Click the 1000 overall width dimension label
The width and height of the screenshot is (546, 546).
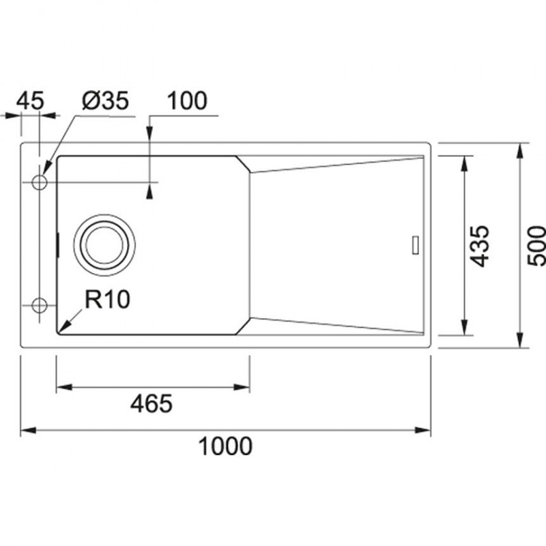click(x=225, y=446)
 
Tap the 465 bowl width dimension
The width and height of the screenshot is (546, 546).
click(x=152, y=403)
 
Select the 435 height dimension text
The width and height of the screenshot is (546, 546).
click(x=480, y=246)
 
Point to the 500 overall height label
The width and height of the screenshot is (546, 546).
click(x=536, y=246)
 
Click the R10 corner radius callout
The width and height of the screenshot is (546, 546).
click(x=107, y=299)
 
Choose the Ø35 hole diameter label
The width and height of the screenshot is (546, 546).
click(x=106, y=100)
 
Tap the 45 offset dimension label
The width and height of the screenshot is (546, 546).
click(x=30, y=100)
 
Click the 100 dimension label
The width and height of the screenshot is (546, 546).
click(x=187, y=100)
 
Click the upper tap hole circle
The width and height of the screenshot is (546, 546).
click(x=40, y=182)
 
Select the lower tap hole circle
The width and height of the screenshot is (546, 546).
click(x=40, y=305)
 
